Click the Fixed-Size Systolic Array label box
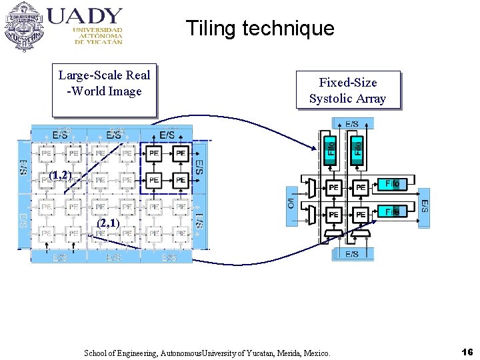[x=347, y=90]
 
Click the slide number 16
[x=467, y=351]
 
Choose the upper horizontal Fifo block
[x=392, y=183]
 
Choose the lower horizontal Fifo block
[x=392, y=211]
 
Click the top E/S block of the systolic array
[x=352, y=123]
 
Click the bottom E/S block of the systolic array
[x=352, y=253]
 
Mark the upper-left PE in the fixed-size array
[x=333, y=188]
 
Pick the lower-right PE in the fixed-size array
[x=360, y=215]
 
